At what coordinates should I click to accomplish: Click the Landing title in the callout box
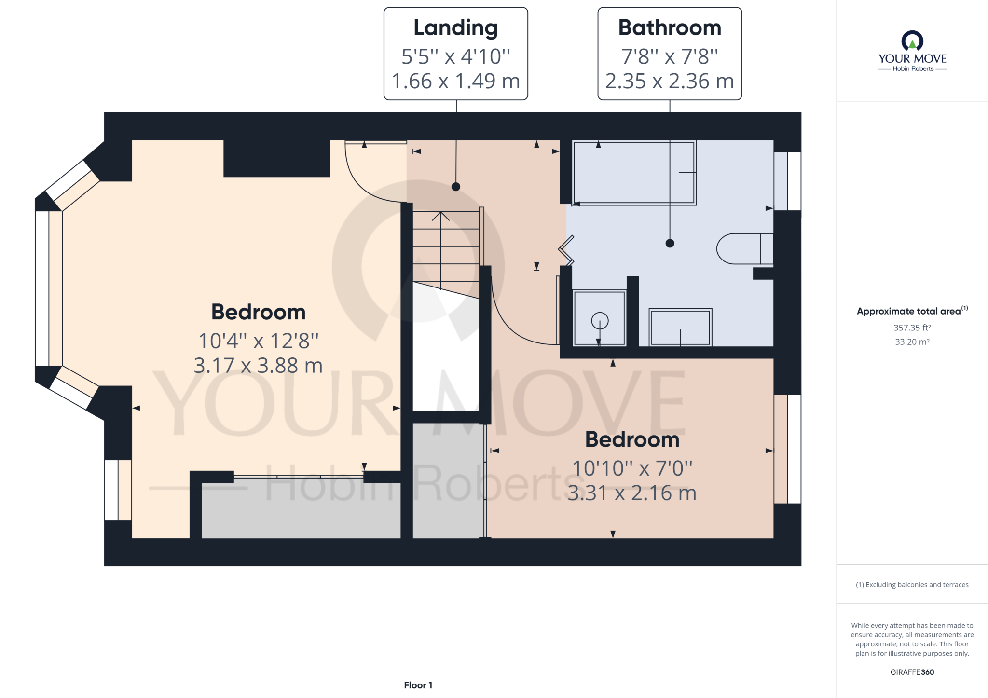point(456,28)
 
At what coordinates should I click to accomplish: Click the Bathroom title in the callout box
point(670,27)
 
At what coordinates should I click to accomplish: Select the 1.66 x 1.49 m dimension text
point(456,81)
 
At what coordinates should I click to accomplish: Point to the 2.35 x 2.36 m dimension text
point(670,81)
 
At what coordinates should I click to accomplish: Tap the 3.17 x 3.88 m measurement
point(258,365)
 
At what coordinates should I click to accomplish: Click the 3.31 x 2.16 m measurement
point(632,493)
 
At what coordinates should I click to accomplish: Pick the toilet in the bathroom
point(745,248)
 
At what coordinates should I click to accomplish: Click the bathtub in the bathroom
point(634,173)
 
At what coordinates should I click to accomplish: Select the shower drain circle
point(600,321)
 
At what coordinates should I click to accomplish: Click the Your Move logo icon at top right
point(912,41)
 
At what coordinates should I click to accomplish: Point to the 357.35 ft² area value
point(912,328)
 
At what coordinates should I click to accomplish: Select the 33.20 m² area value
point(912,342)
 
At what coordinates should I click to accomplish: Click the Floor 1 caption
point(418,685)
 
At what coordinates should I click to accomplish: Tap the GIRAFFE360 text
point(912,672)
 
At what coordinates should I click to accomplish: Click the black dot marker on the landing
point(456,187)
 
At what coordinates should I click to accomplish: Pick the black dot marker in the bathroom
point(670,243)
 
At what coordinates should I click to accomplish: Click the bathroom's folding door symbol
point(566,250)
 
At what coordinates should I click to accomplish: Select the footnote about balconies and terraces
point(912,585)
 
